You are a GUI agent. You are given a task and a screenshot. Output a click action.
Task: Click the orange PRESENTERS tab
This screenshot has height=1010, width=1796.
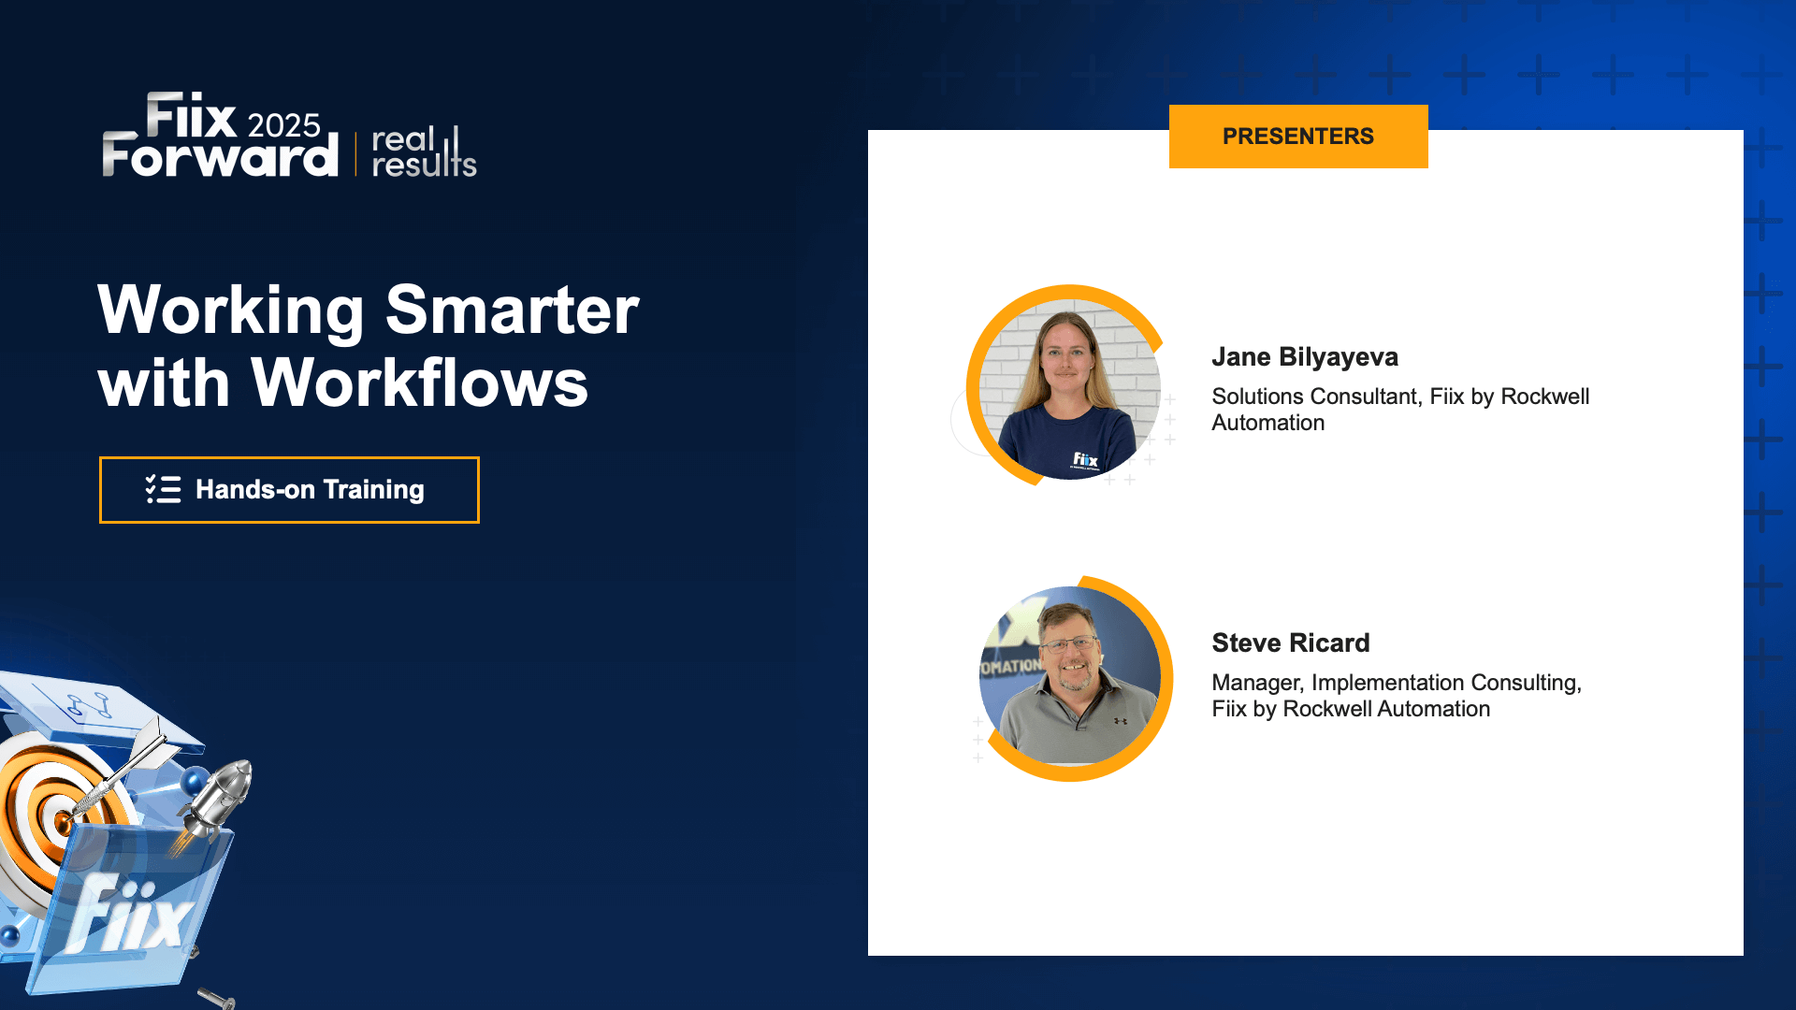pos(1297,137)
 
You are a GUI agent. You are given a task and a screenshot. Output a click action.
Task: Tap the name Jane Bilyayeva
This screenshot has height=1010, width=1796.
pos(1305,357)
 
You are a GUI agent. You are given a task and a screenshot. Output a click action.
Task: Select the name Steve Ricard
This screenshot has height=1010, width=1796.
pos(1290,643)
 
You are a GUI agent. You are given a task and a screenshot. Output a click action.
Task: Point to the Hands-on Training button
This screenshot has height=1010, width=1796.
pos(289,490)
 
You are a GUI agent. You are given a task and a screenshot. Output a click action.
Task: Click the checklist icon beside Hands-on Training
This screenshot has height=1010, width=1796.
pos(164,489)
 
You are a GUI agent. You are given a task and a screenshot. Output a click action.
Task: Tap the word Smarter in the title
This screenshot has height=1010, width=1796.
pos(512,310)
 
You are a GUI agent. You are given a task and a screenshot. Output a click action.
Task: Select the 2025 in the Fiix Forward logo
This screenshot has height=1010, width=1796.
pos(283,125)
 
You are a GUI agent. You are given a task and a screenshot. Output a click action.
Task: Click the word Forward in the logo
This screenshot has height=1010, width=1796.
pos(220,156)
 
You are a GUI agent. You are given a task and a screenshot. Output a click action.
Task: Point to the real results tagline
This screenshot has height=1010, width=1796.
pos(423,152)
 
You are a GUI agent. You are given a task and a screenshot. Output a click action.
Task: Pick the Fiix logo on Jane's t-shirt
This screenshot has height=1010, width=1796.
pos(1085,459)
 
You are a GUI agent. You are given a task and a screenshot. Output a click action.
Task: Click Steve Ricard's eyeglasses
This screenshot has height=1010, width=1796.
pos(1070,644)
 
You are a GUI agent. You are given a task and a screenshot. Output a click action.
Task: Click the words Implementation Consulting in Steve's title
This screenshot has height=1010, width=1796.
pos(1444,683)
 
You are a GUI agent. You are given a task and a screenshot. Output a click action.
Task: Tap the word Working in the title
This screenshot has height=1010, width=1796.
pos(230,310)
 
